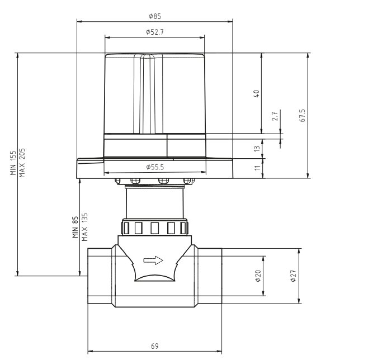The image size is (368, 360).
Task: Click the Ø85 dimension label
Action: point(155,16)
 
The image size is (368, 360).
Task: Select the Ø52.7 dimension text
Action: point(155,32)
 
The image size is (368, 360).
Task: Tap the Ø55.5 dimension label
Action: point(155,167)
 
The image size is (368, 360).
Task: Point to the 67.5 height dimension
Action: point(303,115)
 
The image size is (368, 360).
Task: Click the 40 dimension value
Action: point(257,94)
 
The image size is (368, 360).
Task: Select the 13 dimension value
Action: point(257,149)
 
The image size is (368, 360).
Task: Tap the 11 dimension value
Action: point(257,168)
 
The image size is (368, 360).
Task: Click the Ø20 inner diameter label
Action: point(258,276)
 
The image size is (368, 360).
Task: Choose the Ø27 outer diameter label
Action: point(293,276)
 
